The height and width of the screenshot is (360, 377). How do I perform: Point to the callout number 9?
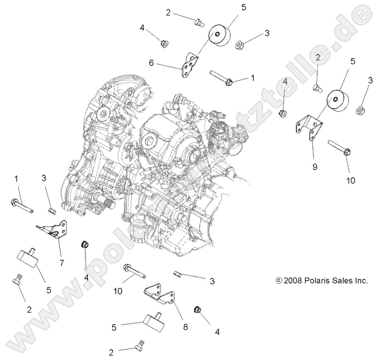(314, 153)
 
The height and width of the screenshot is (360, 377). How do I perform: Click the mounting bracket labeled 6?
(189, 65)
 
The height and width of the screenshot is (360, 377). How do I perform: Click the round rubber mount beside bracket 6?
(218, 36)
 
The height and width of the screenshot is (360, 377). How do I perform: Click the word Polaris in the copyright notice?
(313, 281)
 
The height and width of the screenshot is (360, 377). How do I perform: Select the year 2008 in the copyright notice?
(292, 281)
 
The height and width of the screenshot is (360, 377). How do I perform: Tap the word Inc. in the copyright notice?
(360, 281)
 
